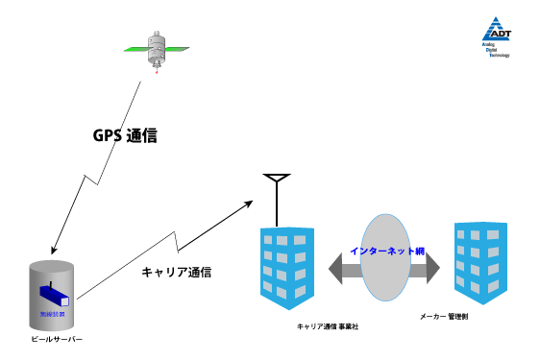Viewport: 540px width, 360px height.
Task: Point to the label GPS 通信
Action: point(124,136)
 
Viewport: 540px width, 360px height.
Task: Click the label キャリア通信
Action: point(176,272)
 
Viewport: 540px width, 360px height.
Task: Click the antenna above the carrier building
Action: point(277,192)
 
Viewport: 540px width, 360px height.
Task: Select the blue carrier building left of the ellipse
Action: point(287,266)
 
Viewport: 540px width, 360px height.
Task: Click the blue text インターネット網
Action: point(387,251)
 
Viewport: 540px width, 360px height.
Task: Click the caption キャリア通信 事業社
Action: point(328,327)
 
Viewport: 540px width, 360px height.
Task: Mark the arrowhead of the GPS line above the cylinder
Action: point(51,248)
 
